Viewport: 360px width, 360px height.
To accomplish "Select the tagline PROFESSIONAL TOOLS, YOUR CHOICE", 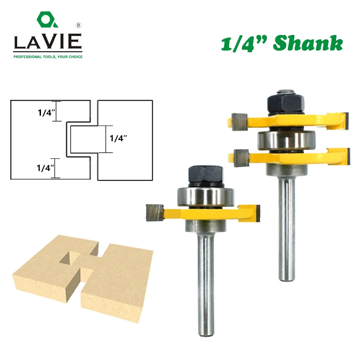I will (x=48, y=57).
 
